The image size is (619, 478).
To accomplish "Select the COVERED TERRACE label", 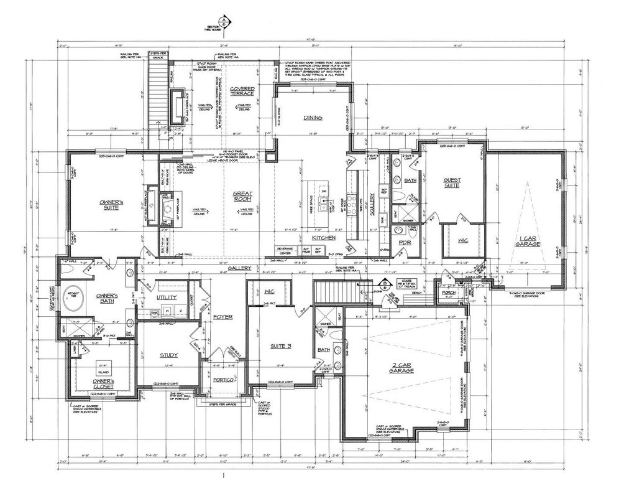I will coord(242,91).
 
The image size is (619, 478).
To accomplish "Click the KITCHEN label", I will coord(324,238).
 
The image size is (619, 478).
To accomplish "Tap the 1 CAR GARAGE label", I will coord(527,240).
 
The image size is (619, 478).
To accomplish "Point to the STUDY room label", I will coord(169,355).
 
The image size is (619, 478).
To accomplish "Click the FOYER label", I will coord(222,317).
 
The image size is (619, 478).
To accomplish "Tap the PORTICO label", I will coord(222,379).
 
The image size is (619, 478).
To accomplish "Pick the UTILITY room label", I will coord(167,298).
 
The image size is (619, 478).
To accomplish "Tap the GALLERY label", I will coord(239,268).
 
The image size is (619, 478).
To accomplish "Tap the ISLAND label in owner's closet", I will coord(103,368).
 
